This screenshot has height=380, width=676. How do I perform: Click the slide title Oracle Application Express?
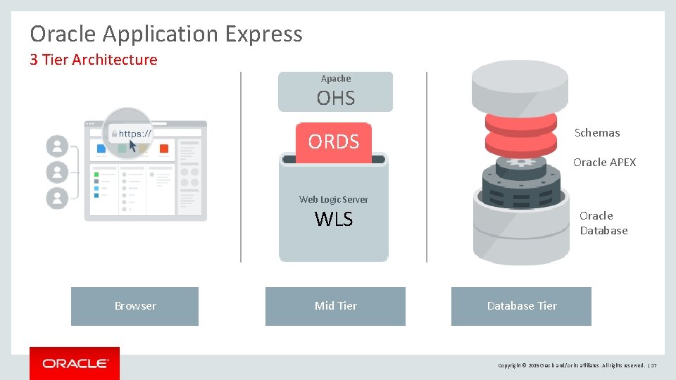click(x=166, y=34)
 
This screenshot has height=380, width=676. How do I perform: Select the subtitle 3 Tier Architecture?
click(x=94, y=60)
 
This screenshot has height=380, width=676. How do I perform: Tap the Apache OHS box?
click(x=335, y=91)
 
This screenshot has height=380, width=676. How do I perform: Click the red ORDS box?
click(x=334, y=142)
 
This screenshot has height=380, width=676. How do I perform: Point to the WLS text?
click(x=334, y=220)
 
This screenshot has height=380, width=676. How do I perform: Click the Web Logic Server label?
click(x=334, y=200)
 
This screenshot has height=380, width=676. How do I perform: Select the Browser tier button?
click(x=135, y=306)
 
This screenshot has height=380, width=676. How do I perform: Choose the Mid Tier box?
click(x=335, y=306)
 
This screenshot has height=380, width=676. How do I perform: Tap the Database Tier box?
click(x=521, y=306)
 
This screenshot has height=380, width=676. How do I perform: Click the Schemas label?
click(x=597, y=133)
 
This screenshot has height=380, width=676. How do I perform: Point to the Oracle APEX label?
click(x=604, y=163)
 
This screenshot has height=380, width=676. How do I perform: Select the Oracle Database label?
click(x=603, y=223)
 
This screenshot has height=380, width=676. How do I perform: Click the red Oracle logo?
click(x=75, y=363)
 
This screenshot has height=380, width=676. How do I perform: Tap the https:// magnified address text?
click(x=135, y=133)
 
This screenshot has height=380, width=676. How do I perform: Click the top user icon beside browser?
click(x=57, y=146)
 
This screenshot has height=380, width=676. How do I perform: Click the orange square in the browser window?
click(x=164, y=148)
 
